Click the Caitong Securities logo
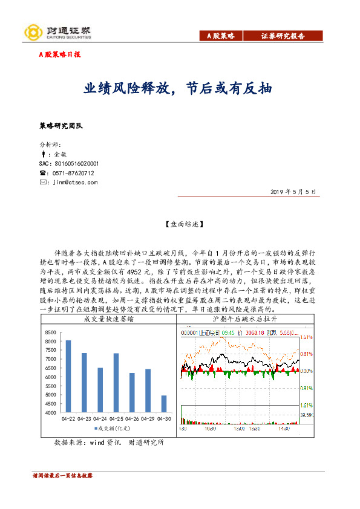(57, 32)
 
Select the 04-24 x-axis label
(100, 418)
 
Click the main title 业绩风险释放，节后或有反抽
(178, 89)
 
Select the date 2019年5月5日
(294, 192)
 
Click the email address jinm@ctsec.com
(75, 182)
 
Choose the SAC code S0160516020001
(68, 164)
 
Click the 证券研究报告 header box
(283, 36)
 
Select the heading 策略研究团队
(61, 126)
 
